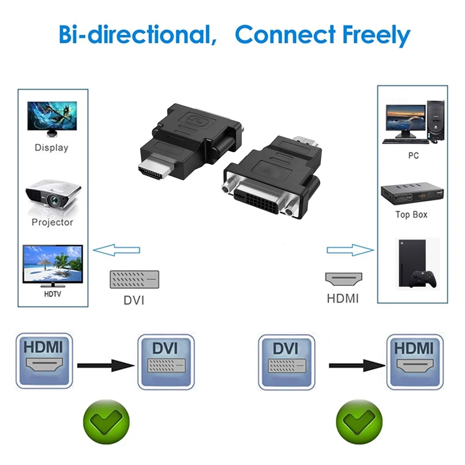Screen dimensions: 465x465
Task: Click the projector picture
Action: point(52,195)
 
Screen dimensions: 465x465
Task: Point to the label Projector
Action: point(52,222)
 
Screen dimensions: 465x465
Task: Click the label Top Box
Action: point(412,215)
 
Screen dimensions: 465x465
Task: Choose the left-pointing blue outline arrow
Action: point(116,250)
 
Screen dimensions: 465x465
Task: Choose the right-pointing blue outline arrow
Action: point(350,250)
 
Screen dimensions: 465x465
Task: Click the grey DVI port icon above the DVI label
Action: point(134,279)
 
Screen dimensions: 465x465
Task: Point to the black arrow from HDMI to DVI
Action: point(106,365)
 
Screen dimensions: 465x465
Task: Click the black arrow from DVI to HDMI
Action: point(357,365)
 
